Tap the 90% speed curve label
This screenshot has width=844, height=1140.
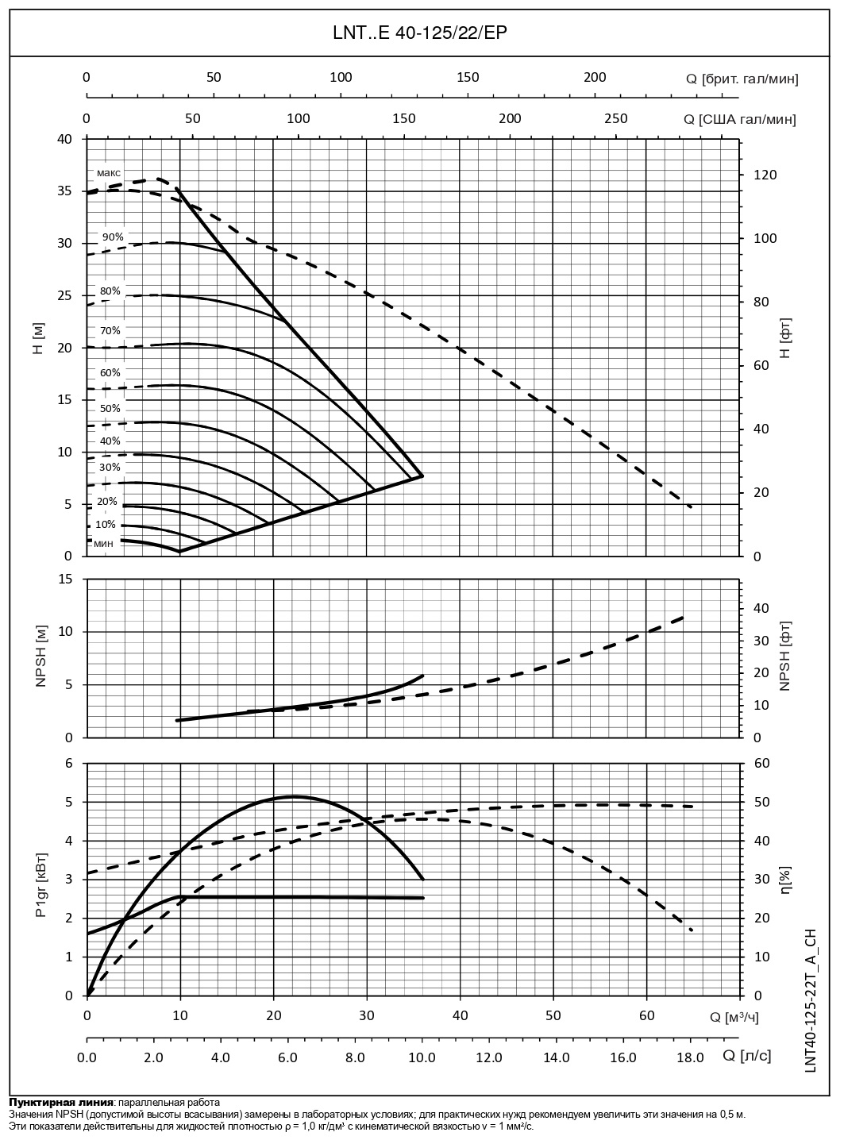click(x=113, y=237)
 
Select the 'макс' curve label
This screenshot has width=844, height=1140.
click(x=109, y=172)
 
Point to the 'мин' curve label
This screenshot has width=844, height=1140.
click(x=103, y=544)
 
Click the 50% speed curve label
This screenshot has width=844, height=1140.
click(x=110, y=408)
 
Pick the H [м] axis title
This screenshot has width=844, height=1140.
click(x=38, y=340)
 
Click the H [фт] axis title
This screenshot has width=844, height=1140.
click(x=785, y=342)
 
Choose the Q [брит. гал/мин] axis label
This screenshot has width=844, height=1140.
click(x=742, y=79)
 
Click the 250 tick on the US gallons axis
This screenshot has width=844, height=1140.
click(x=615, y=118)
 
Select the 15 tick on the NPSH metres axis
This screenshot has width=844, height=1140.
click(x=66, y=580)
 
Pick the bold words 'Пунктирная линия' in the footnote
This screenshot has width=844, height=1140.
click(x=60, y=1103)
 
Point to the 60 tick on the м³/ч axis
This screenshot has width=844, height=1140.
click(x=646, y=1015)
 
